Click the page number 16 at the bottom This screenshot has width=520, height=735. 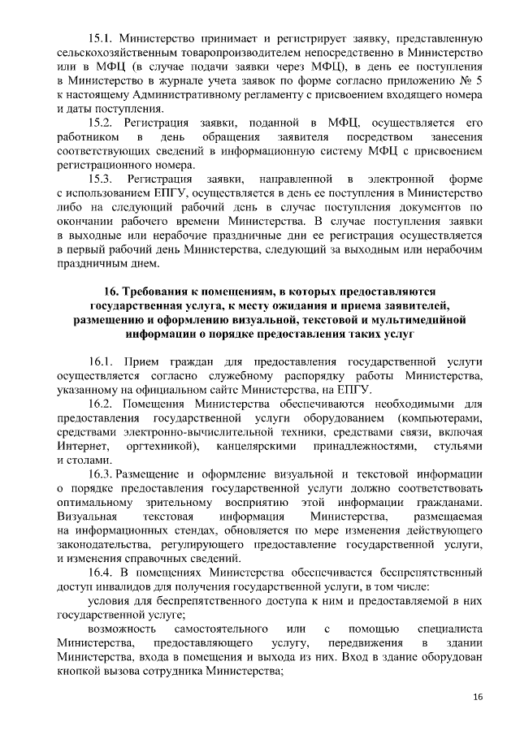coord(477,698)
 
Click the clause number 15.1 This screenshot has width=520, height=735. coord(102,38)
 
